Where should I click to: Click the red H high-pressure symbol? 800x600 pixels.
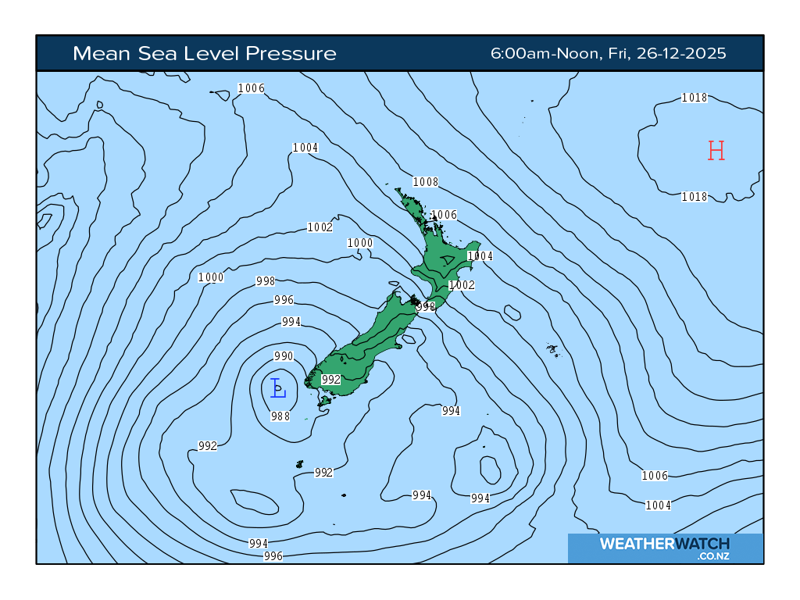point(716,150)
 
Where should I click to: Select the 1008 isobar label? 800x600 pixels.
point(426,182)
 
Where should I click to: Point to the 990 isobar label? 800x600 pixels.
point(284,356)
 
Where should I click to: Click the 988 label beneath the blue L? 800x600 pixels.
point(280,416)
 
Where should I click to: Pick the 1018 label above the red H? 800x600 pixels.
point(695,98)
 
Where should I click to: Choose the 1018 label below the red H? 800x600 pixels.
point(695,197)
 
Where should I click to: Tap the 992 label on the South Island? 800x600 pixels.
point(331,380)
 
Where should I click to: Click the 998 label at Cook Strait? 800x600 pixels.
point(426,307)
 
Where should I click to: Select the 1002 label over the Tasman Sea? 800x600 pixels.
point(320,227)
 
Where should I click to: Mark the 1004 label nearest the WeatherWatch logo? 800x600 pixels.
point(659,505)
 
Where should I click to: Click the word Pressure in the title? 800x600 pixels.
point(291,54)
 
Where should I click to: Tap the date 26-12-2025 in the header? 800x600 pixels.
point(681,54)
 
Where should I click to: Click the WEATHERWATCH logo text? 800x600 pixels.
point(664,544)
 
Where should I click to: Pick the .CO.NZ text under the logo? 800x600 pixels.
point(713,556)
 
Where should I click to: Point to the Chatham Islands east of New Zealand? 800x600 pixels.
point(553,349)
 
